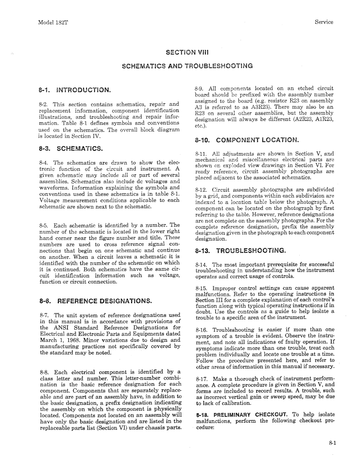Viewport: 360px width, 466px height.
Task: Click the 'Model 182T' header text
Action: coord(52,22)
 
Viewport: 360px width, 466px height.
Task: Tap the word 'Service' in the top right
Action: coord(324,22)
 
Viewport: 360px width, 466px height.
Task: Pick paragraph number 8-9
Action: coord(200,88)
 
